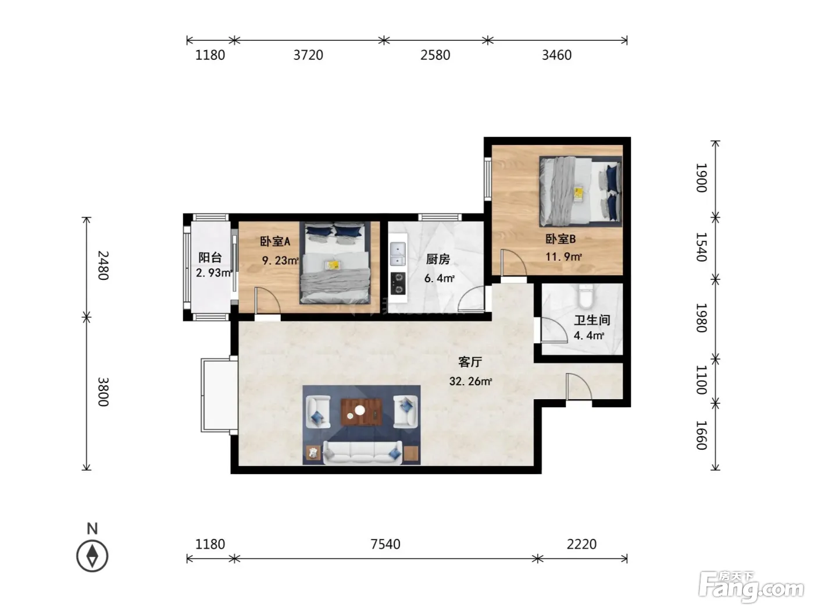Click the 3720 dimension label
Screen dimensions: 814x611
pyautogui.click(x=308, y=55)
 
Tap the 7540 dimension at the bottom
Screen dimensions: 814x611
pyautogui.click(x=385, y=544)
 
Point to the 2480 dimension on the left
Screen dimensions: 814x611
pyautogui.click(x=103, y=265)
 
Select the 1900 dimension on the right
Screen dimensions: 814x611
pyautogui.click(x=701, y=177)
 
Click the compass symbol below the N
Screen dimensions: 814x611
pyautogui.click(x=92, y=556)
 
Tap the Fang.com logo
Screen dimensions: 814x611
pyautogui.click(x=751, y=587)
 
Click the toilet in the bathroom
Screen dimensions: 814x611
pyautogui.click(x=585, y=296)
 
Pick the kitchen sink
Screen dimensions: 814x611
pyautogui.click(x=398, y=254)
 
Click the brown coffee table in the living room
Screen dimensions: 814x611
pyautogui.click(x=362, y=412)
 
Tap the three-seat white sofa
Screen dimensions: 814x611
pyautogui.click(x=363, y=452)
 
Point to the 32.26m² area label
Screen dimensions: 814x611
pyautogui.click(x=470, y=381)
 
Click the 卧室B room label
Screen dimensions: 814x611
pyautogui.click(x=560, y=239)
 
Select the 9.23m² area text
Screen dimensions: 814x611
pyautogui.click(x=280, y=261)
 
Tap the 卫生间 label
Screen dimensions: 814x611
pyautogui.click(x=592, y=320)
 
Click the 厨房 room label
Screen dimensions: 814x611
pyautogui.click(x=438, y=259)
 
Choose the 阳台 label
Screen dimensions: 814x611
pyautogui.click(x=210, y=257)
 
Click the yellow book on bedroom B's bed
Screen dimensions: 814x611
pyautogui.click(x=579, y=193)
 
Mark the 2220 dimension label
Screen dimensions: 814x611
pyautogui.click(x=581, y=544)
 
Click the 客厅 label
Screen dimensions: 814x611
pyautogui.click(x=470, y=362)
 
